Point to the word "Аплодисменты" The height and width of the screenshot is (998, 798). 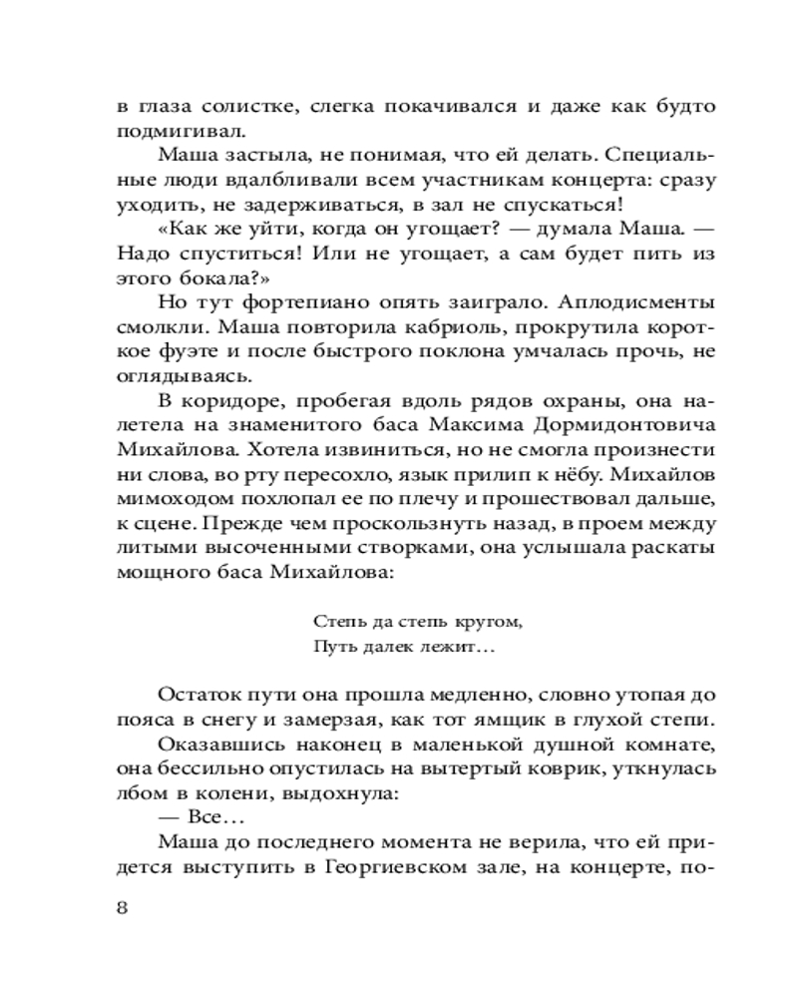[x=637, y=302]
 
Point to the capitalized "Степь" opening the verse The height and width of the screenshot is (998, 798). [x=332, y=622]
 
